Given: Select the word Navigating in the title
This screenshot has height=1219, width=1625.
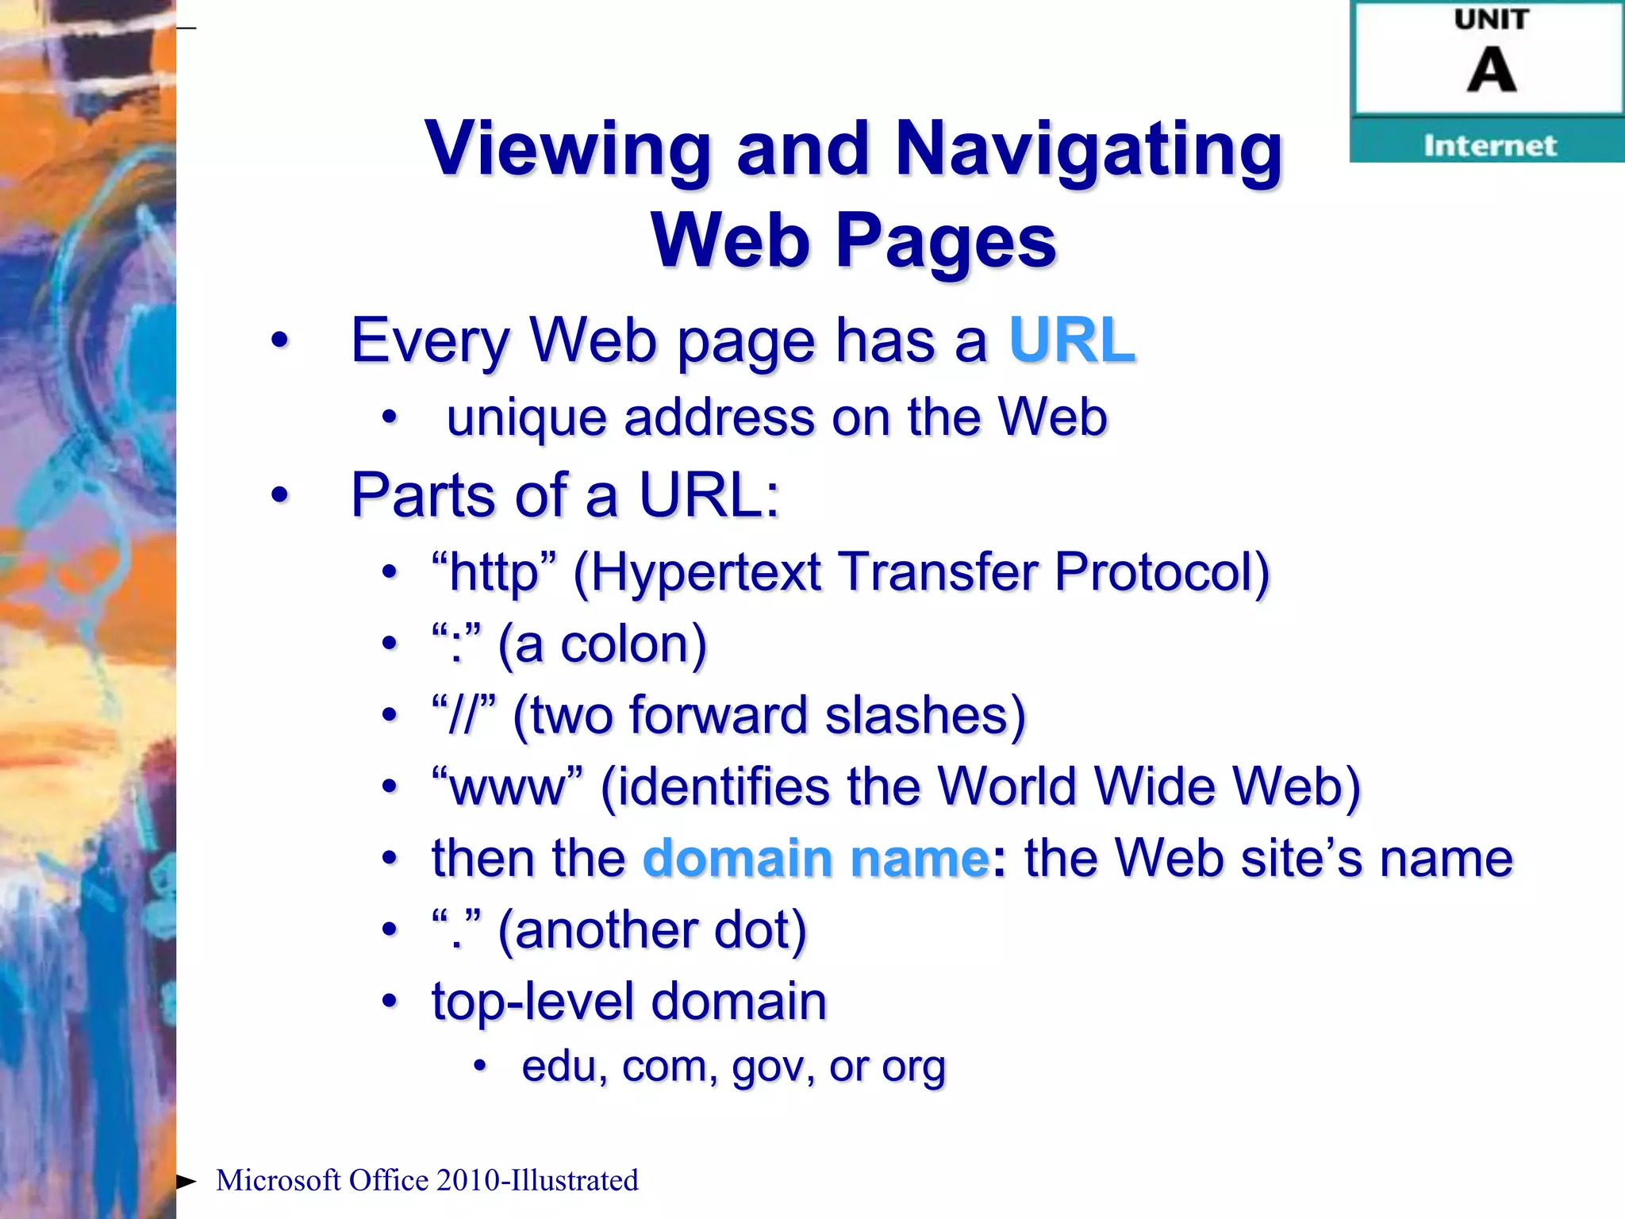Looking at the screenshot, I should click(1088, 148).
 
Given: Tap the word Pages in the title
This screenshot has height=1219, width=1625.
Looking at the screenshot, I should click(946, 240).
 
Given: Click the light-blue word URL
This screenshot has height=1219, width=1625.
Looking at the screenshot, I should click(1072, 340).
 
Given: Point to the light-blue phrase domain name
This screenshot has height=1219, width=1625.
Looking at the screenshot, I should click(816, 859).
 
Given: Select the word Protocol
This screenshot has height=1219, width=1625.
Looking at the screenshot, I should click(1161, 571).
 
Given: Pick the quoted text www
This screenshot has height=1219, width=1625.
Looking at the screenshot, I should click(508, 786).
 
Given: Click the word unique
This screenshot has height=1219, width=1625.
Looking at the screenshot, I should click(526, 417).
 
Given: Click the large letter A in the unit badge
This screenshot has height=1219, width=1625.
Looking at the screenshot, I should click(1491, 70).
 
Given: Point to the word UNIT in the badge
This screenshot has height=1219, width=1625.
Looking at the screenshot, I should click(1491, 19).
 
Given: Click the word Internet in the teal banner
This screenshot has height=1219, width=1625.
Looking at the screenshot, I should click(1489, 146).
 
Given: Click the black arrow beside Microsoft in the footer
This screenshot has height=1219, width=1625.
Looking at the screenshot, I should click(186, 1182).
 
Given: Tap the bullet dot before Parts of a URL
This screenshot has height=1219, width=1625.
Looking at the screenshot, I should click(279, 495).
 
